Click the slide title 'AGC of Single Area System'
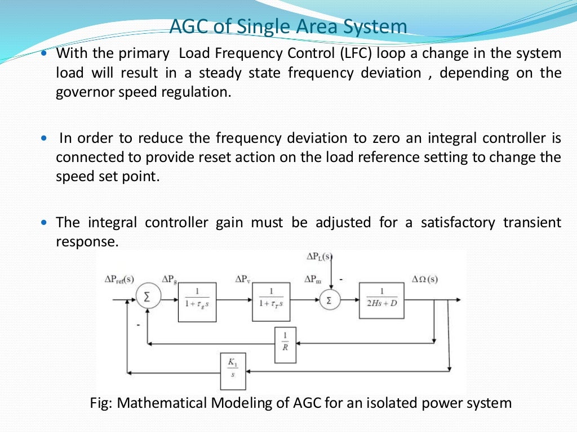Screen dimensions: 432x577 288,27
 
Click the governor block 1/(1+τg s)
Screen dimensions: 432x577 197,302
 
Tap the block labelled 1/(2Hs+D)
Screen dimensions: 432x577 381,299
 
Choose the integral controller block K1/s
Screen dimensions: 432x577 233,371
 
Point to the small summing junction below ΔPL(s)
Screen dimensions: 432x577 330,300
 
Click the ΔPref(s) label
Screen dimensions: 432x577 119,279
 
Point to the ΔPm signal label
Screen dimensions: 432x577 314,279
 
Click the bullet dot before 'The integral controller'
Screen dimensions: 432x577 45,223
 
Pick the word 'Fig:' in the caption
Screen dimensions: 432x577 101,403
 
